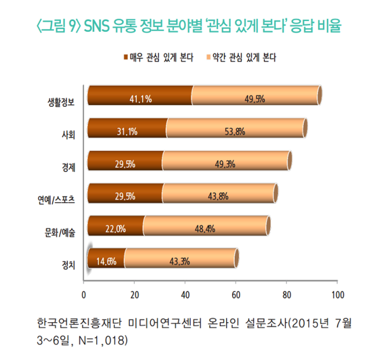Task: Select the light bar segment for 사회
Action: (235, 130)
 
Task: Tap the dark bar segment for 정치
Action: (106, 261)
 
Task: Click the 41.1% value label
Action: (141, 99)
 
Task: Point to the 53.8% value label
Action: (235, 131)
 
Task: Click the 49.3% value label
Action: (224, 164)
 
